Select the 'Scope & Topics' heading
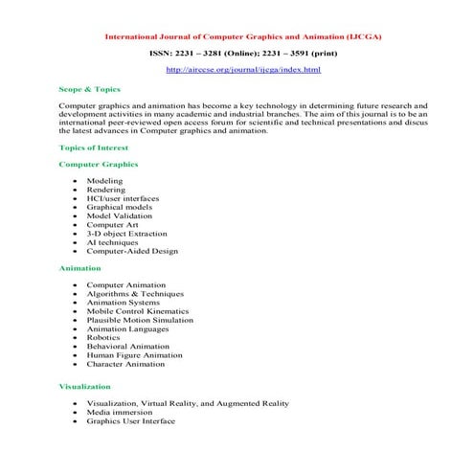89,88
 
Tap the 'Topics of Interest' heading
94,147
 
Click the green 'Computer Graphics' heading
99,164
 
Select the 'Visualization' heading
85,385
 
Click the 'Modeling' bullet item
104,180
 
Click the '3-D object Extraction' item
127,233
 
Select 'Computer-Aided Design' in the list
132,251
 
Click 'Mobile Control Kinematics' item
138,311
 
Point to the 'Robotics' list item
103,337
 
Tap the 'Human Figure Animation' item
133,355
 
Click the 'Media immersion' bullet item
120,412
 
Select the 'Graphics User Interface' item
131,420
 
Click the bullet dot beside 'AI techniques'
75,242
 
